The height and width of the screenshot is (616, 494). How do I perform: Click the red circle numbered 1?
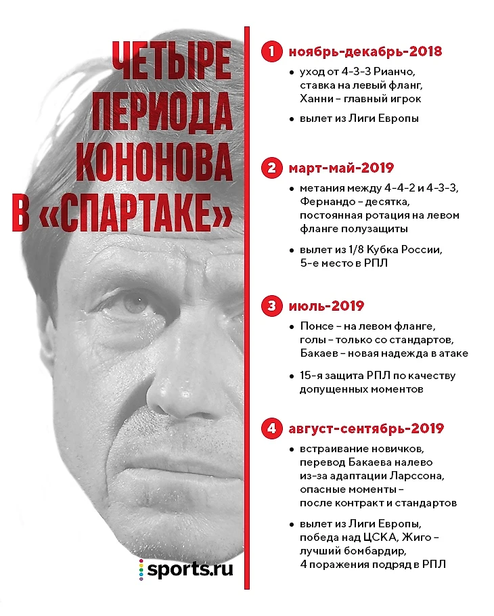271,51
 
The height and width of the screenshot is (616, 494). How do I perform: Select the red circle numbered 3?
271,307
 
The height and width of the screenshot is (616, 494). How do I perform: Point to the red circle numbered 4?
271,428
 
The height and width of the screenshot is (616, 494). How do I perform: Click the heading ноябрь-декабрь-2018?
365,51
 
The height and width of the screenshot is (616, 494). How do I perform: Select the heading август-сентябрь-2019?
366,428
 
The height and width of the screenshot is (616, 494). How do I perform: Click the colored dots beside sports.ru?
141,570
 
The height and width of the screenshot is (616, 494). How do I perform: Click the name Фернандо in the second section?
323,202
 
